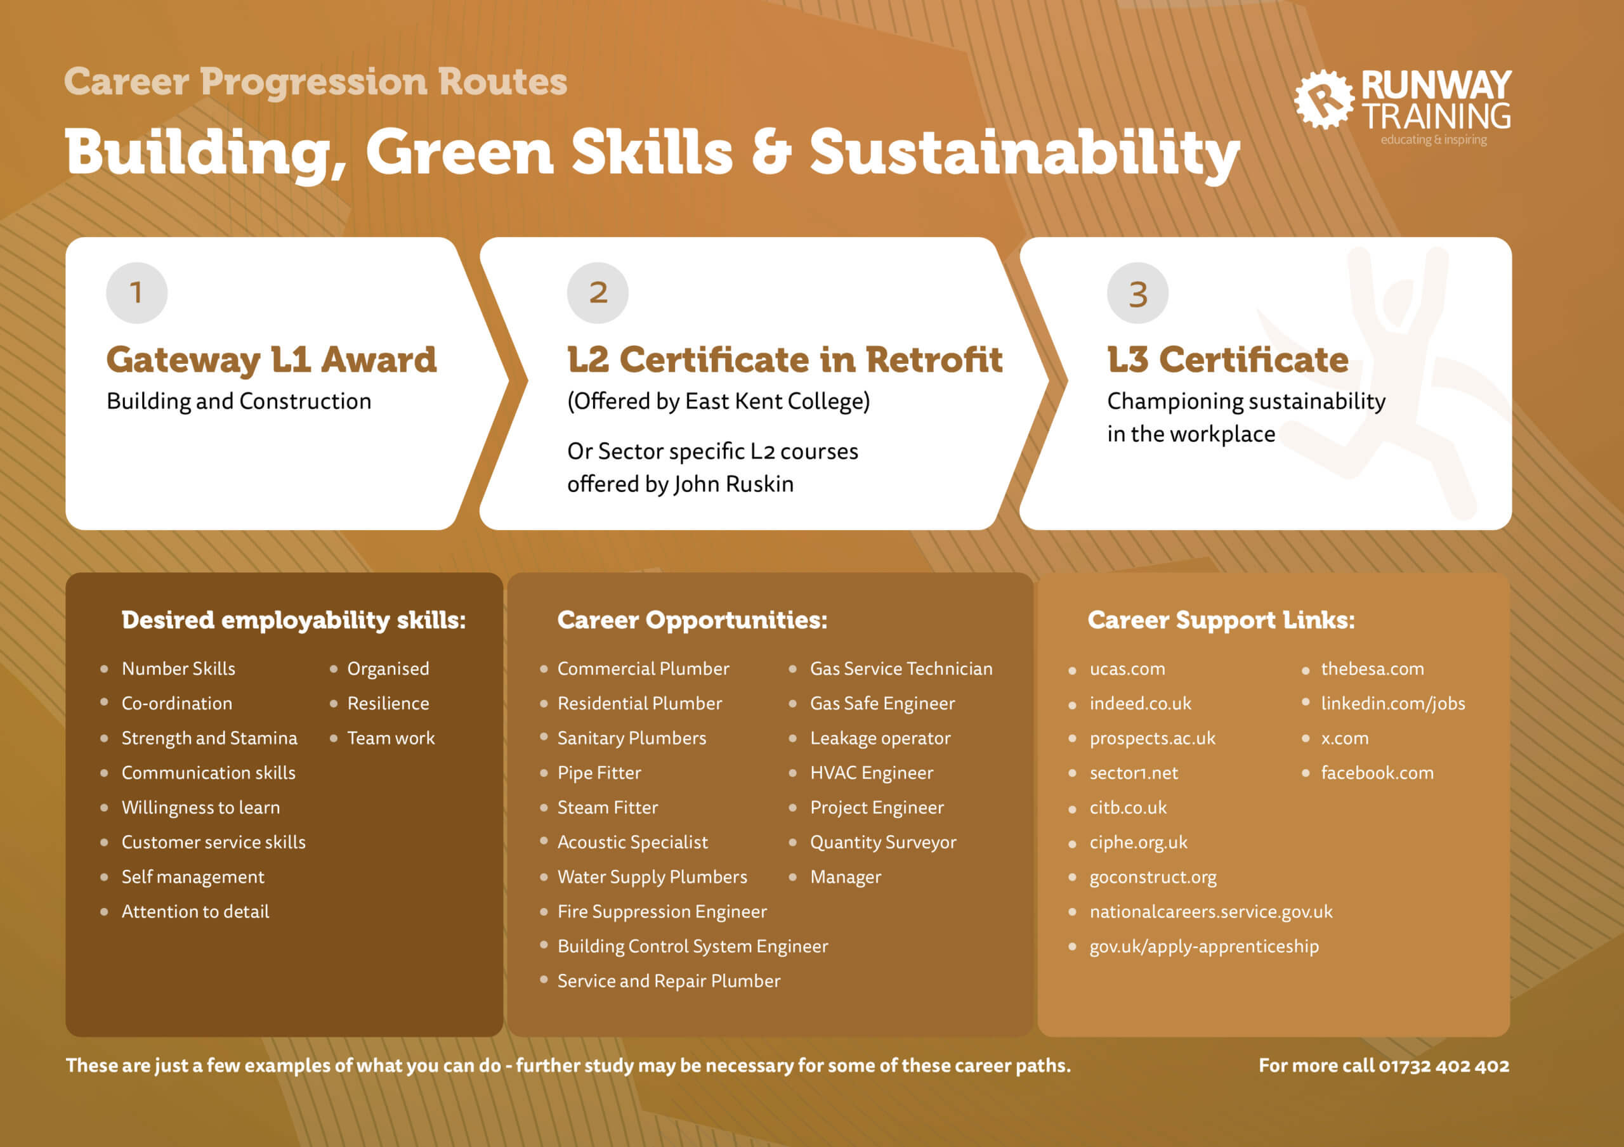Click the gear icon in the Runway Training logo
tap(1322, 100)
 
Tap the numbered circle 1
tap(136, 293)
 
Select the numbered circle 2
tap(598, 293)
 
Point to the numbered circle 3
tap(1137, 293)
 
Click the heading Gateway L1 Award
tap(272, 360)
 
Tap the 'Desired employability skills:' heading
tap(294, 620)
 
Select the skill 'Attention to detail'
tap(195, 912)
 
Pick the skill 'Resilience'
tap(388, 704)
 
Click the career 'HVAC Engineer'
tap(872, 773)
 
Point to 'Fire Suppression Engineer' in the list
tap(662, 912)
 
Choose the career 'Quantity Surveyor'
tap(882, 842)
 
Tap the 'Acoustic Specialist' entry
tap(632, 842)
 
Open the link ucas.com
tap(1127, 669)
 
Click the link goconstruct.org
tap(1153, 877)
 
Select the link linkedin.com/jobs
tap(1392, 704)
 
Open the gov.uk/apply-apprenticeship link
tap(1204, 946)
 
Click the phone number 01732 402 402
tap(1444, 1066)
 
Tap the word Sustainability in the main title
tap(1024, 153)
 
